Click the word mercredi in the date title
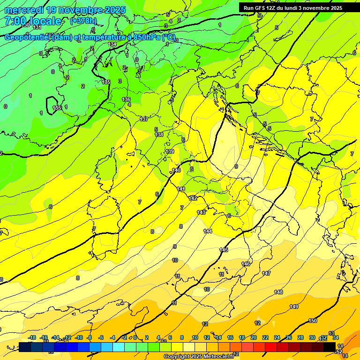[24, 10]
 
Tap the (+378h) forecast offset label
[84, 21]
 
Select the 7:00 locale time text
[33, 21]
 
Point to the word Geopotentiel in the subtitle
[28, 37]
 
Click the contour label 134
[112, 45]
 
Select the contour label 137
[144, 119]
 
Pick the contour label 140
[176, 170]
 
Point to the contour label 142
[193, 198]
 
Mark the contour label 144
[208, 231]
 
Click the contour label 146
[246, 264]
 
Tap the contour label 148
[278, 292]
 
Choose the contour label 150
[313, 321]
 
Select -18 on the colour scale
[32, 337]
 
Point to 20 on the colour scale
[253, 337]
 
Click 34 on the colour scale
[335, 337]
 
